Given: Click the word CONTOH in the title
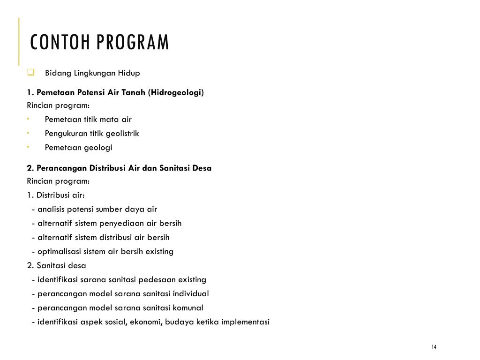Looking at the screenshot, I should pyautogui.click(x=61, y=42).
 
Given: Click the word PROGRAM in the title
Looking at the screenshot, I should pyautogui.click(x=133, y=42).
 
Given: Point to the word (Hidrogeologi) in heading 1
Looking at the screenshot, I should pyautogui.click(x=176, y=92).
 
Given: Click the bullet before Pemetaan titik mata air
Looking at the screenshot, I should pyautogui.click(x=28, y=119).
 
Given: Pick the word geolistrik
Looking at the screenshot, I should pyautogui.click(x=122, y=134).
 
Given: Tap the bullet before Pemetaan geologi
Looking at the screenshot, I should pyautogui.click(x=28, y=147).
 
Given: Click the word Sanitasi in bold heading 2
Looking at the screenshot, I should pyautogui.click(x=174, y=168).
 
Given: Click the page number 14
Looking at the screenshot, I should pyautogui.click(x=434, y=347).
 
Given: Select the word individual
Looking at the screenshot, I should pyautogui.click(x=191, y=293).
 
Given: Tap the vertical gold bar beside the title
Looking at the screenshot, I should pyautogui.click(x=19, y=41).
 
